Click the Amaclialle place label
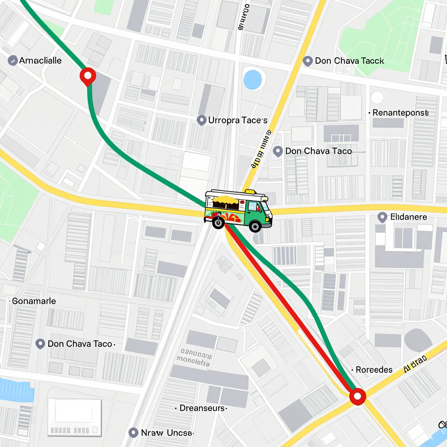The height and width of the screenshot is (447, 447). [40, 61]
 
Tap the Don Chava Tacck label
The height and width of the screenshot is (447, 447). [349, 61]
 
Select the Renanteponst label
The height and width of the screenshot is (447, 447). [400, 113]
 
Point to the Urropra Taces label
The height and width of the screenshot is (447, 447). [237, 120]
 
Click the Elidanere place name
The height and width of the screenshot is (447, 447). [408, 217]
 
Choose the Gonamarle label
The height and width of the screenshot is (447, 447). [34, 301]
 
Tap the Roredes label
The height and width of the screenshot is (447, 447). [374, 370]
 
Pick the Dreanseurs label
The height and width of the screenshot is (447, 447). [203, 408]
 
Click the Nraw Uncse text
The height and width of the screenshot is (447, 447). [166, 433]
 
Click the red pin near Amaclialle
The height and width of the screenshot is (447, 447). [88, 76]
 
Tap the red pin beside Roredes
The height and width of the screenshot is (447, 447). [358, 396]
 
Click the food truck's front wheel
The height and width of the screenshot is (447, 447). [254, 226]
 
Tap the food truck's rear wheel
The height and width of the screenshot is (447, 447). [217, 223]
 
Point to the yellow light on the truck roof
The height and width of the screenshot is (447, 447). [250, 192]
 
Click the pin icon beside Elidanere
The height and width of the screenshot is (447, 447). [382, 217]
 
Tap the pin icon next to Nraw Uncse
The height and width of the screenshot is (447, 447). [134, 433]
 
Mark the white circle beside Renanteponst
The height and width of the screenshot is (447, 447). [377, 97]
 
